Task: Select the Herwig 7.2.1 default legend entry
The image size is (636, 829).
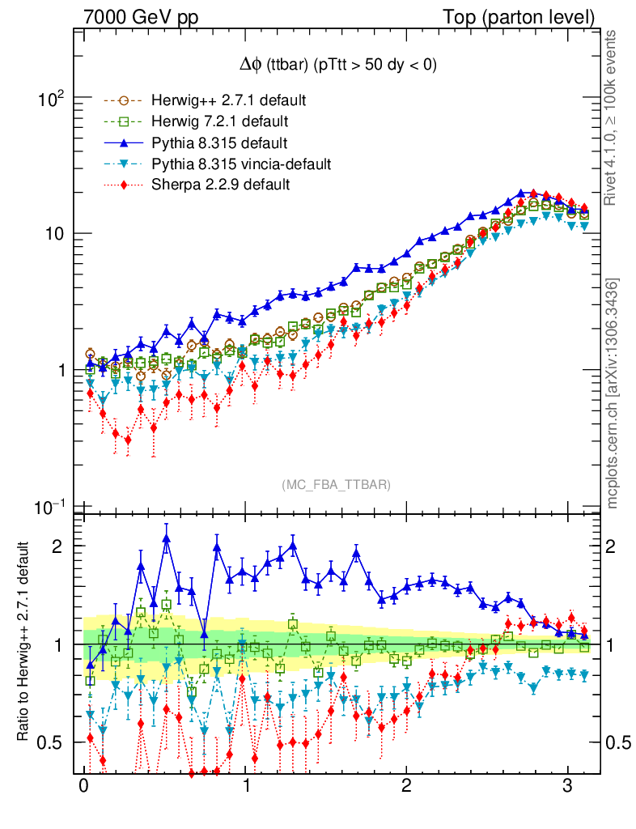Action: click(219, 122)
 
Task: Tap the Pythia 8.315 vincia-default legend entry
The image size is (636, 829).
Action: click(240, 164)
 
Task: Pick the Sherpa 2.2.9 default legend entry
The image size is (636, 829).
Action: click(220, 185)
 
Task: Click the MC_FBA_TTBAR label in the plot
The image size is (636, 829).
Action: click(336, 484)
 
